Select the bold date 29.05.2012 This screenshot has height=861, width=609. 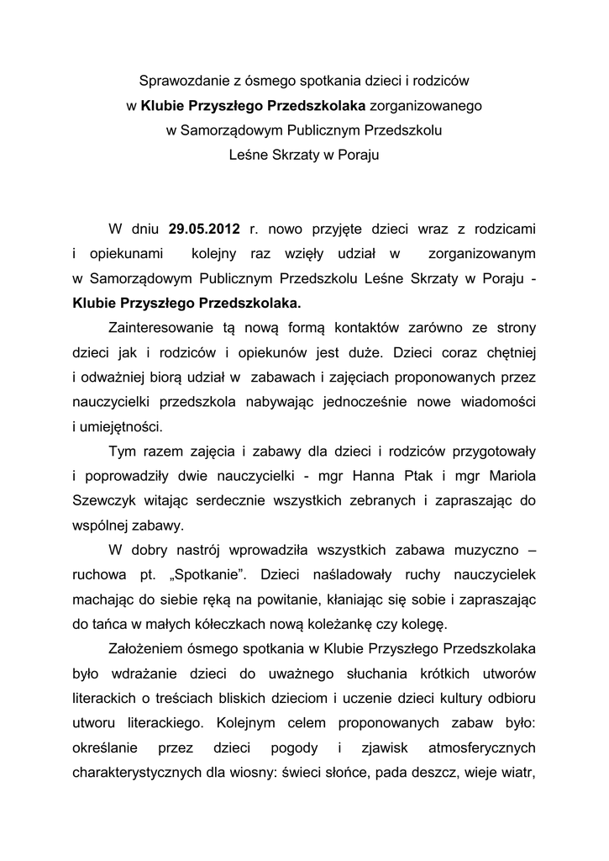click(204, 228)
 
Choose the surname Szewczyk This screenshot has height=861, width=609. click(102, 501)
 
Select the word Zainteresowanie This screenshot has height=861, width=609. click(161, 327)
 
